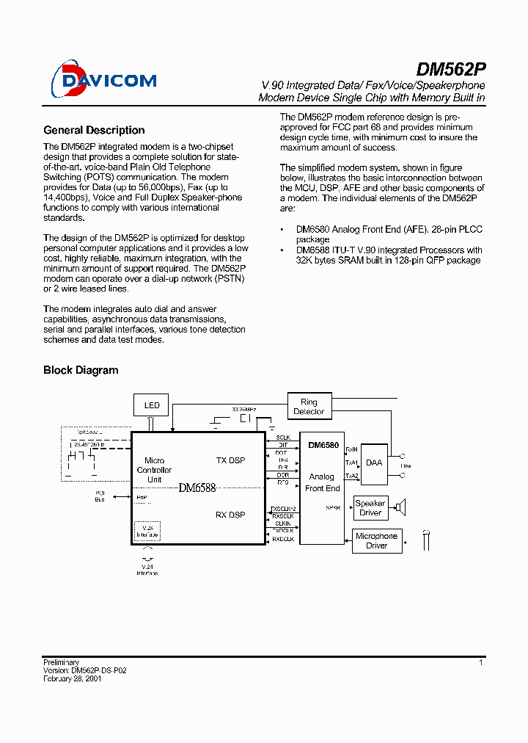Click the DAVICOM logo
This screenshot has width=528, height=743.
[x=103, y=79]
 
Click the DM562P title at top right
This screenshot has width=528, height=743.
[x=450, y=70]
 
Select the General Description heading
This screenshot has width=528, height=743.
[x=94, y=130]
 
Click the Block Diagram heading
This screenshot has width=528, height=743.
[x=81, y=370]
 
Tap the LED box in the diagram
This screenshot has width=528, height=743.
[x=152, y=405]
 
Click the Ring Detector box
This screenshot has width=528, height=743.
[x=309, y=407]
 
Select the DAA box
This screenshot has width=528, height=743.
[x=374, y=463]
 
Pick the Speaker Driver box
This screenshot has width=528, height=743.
[x=370, y=507]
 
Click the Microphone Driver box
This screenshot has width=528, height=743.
[x=376, y=540]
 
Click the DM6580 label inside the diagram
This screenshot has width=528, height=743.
[x=323, y=445]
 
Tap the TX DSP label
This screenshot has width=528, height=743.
[x=230, y=460]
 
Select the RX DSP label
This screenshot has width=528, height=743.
[x=230, y=515]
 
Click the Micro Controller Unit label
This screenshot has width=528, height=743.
[x=154, y=470]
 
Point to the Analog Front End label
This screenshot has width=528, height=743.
[x=322, y=482]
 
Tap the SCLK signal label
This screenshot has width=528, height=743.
[x=283, y=438]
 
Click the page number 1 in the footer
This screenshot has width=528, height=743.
[x=481, y=662]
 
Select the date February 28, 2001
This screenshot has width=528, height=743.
[x=72, y=679]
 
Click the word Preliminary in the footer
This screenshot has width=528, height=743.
[x=61, y=662]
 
